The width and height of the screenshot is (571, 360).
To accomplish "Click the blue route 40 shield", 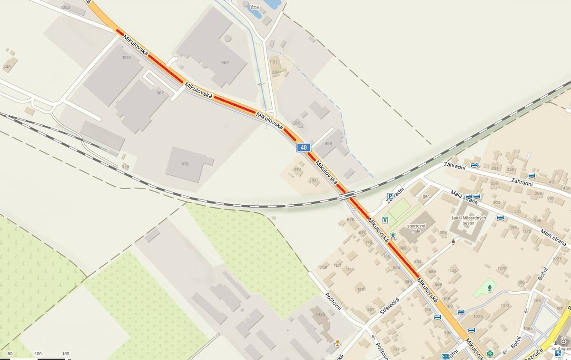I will pyautogui.click(x=303, y=148).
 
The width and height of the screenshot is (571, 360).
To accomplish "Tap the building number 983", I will pyautogui.click(x=225, y=63).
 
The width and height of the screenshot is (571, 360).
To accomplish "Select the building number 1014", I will pyautogui.click(x=126, y=58).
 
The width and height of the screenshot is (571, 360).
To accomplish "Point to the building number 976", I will pyautogui.click(x=185, y=164).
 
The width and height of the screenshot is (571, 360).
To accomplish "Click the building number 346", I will pyautogui.click(x=7, y=67).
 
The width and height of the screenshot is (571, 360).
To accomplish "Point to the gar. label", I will pyautogui.click(x=426, y=196).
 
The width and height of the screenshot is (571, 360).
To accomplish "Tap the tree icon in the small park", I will pyautogui.click(x=490, y=288).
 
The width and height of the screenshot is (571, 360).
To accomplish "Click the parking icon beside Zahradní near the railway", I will pyautogui.click(x=390, y=196).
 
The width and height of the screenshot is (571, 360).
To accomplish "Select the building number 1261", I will pyautogui.click(x=361, y=289).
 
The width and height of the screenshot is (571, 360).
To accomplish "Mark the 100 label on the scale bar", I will pyautogui.click(x=39, y=354).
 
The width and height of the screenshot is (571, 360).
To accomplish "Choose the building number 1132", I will pyautogui.click(x=273, y=62).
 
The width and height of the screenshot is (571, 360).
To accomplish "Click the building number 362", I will pyautogui.click(x=160, y=93).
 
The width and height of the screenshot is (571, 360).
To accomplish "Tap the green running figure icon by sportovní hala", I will pyautogui.click(x=394, y=235).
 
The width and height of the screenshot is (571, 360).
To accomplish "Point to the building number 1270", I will pyautogui.click(x=502, y=269).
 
